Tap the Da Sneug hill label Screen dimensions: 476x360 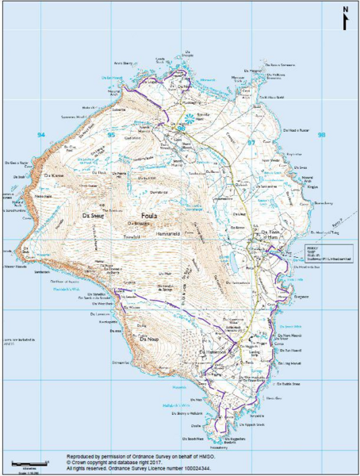tap(93, 213)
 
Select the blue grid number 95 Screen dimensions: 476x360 tap(112, 136)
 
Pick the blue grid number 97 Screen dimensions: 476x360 tap(251, 142)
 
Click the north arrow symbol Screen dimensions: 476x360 tap(345, 18)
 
